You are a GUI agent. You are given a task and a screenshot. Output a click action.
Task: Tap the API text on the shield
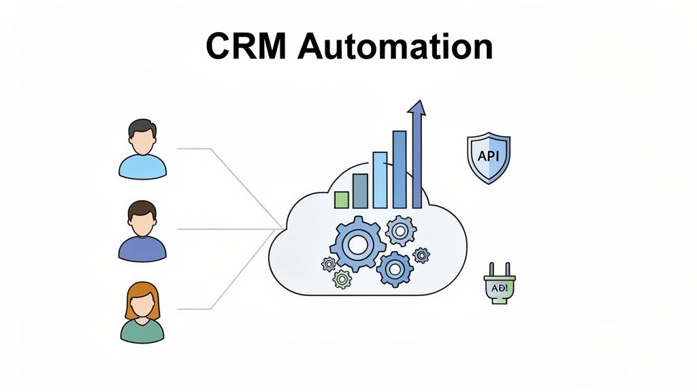pos(488,156)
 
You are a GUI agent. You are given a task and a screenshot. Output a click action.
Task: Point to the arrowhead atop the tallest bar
pos(416,109)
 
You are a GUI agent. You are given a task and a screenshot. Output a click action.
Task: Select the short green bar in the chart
pos(341,199)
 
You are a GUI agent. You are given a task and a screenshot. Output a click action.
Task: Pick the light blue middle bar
pos(379,180)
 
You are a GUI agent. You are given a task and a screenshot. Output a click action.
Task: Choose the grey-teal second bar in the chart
pos(360,191)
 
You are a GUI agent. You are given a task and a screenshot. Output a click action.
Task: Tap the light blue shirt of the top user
pos(142,166)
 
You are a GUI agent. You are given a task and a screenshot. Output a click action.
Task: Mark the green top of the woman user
pos(142,331)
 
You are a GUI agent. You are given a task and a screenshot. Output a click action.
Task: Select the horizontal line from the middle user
pos(225,229)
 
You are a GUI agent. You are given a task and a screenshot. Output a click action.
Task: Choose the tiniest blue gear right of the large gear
pos(421,255)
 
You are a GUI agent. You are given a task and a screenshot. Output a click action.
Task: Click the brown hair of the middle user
pos(142,208)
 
